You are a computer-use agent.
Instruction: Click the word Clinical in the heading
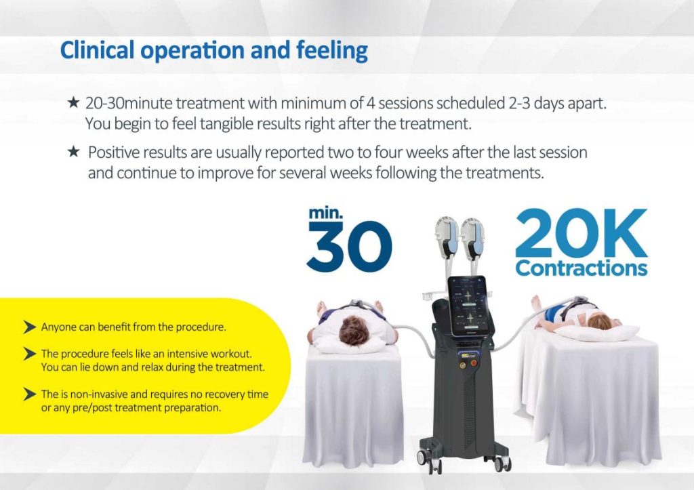tap(97, 49)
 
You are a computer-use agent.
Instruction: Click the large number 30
tap(349, 246)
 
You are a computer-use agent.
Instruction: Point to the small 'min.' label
tap(326, 213)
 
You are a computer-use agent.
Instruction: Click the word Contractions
tap(581, 268)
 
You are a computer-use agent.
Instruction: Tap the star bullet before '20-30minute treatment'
tap(73, 103)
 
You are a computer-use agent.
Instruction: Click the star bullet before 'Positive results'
tap(73, 152)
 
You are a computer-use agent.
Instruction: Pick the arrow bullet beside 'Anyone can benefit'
tap(29, 327)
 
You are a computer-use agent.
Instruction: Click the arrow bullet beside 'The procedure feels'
tap(29, 354)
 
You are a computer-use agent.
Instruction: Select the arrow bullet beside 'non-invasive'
tap(29, 394)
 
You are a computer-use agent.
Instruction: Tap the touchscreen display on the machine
tap(470, 306)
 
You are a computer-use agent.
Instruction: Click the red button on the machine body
tap(474, 363)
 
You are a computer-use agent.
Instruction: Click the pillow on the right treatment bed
tap(597, 333)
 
